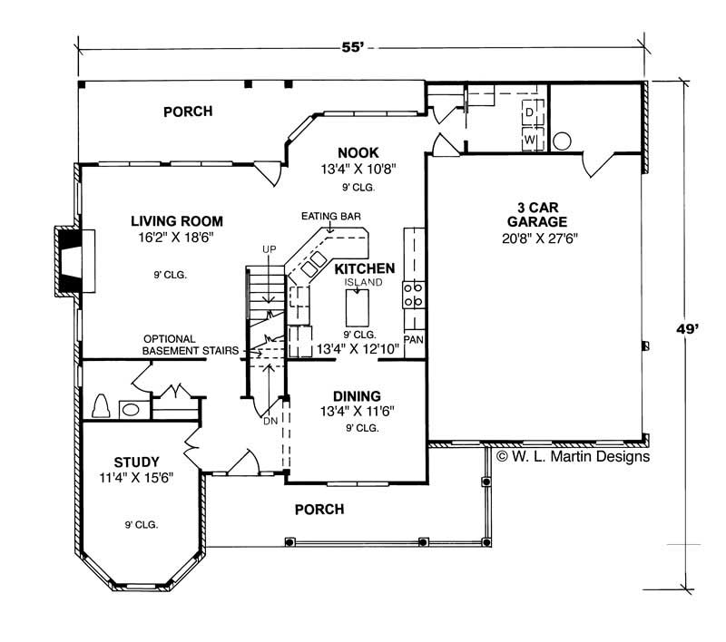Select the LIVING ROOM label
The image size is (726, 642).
(x=176, y=221)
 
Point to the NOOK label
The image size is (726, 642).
(x=358, y=152)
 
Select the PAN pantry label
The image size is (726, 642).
(x=414, y=339)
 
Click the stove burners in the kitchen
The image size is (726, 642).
(x=413, y=296)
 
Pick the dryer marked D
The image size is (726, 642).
(x=529, y=112)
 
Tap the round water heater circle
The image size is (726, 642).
(x=563, y=141)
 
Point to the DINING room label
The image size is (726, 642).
(x=357, y=396)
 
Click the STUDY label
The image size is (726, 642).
(x=137, y=461)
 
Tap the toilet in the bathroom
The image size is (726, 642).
(x=102, y=405)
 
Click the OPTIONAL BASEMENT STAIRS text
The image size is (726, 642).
(x=190, y=344)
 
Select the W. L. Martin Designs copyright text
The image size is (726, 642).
(x=572, y=457)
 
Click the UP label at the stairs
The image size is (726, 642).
(x=269, y=248)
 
